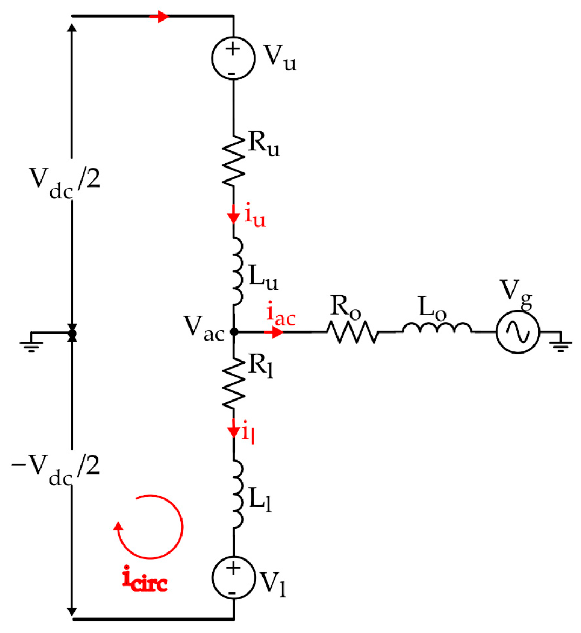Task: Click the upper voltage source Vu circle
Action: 233,58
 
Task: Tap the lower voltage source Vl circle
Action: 233,577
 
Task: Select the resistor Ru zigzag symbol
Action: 234,161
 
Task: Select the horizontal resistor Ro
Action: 352,332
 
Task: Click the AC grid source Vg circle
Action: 517,332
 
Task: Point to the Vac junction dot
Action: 234,332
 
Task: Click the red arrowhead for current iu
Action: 233,217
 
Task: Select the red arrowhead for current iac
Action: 277,332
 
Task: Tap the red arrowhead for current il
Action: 233,431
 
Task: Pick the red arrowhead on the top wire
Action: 161,17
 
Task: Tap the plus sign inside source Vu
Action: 233,49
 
